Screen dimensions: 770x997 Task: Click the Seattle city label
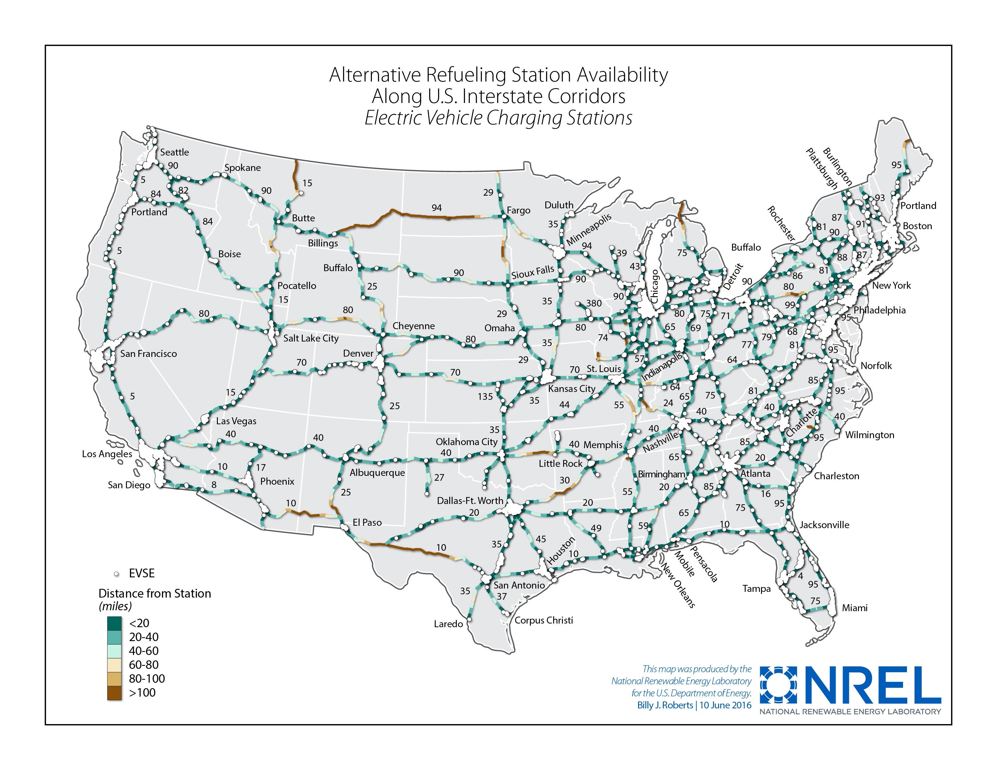[174, 152]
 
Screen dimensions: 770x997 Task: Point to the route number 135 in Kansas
[485, 396]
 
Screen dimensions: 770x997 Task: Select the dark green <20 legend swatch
[114, 623]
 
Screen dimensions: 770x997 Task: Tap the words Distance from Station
[155, 593]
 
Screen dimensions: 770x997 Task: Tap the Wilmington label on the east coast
[869, 435]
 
